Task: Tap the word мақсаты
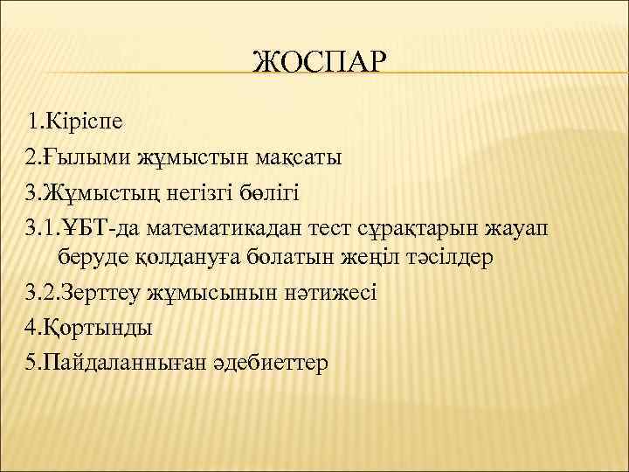click(300, 158)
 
